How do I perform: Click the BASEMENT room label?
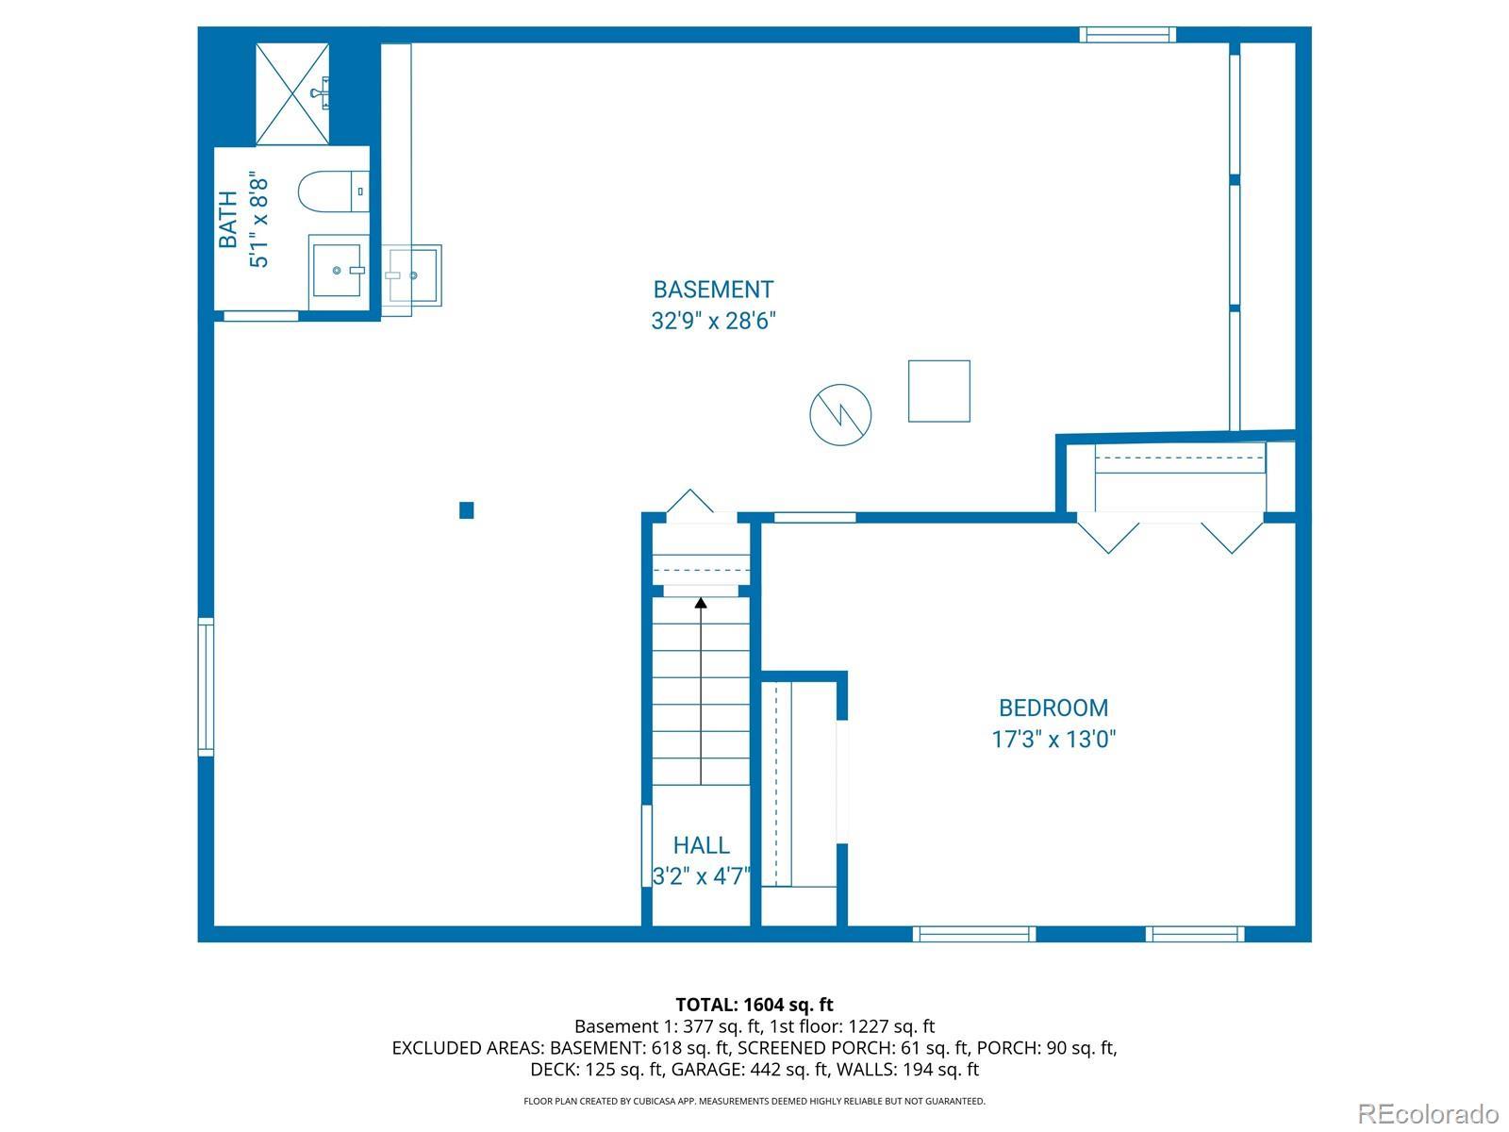713,290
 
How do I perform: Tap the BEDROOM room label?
1053,707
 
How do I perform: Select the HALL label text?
701,845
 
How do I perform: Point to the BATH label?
227,219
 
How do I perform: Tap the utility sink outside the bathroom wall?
412,275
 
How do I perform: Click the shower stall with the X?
292,94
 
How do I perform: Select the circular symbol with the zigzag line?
840,414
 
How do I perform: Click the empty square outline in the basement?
939,391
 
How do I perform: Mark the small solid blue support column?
466,510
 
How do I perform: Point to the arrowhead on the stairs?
701,603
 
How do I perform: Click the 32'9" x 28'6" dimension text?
713,321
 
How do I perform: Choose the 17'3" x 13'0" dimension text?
1053,739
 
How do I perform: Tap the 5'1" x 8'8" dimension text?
259,219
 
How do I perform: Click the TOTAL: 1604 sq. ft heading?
754,1004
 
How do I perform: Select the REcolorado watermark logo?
1428,1113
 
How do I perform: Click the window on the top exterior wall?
1127,34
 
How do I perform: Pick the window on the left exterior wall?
206,687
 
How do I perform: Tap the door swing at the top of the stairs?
690,501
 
